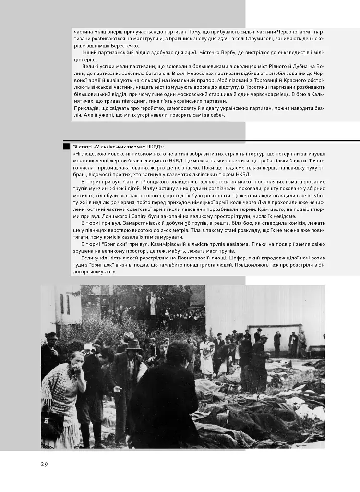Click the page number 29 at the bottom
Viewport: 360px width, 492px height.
(x=44, y=464)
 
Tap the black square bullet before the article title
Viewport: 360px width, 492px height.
(x=66, y=146)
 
